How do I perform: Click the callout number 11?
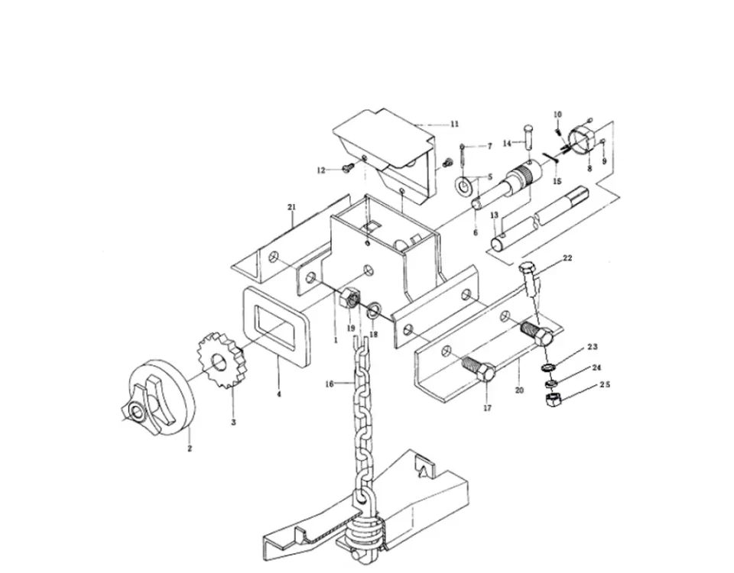(x=454, y=124)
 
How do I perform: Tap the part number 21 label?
(x=292, y=206)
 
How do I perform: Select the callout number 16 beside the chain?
(x=330, y=384)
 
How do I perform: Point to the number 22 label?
(x=567, y=257)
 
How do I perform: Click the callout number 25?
(x=605, y=384)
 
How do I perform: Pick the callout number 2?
(x=190, y=448)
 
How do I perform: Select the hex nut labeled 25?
(x=553, y=400)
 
